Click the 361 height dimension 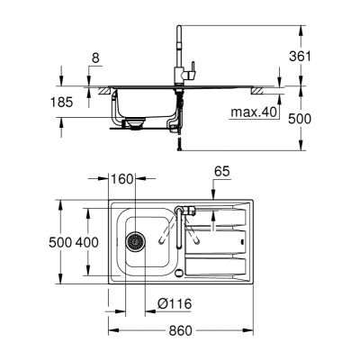point(300,56)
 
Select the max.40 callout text point(254,112)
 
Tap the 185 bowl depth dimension point(61,103)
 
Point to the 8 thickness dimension point(95,58)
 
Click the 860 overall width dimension point(180,331)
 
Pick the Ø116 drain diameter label point(175,304)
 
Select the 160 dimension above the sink point(121,179)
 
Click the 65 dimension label point(222,172)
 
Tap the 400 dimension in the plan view point(86,242)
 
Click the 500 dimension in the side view point(300,119)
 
